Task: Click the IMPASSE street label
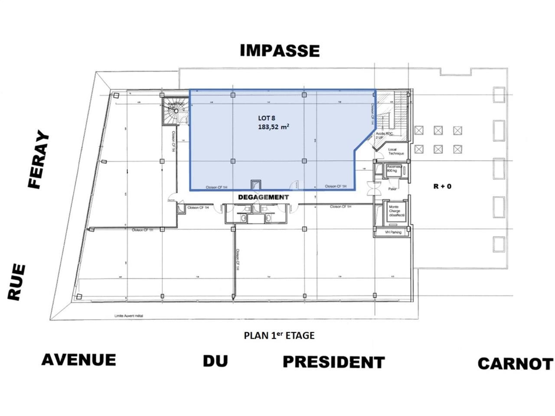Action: pos(280,51)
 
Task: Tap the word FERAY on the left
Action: pos(38,159)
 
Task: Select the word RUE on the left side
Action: pos(17,282)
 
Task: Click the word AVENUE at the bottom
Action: pos(78,360)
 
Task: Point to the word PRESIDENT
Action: pos(333,362)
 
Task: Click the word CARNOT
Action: pos(515,364)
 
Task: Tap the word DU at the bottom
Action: pos(215,361)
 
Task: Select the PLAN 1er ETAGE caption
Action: pos(279,335)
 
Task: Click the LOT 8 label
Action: pos(267,118)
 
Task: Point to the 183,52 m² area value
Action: pos(274,127)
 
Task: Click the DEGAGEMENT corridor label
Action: pos(263,197)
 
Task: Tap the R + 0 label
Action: pos(442,186)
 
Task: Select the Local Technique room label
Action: pos(395,152)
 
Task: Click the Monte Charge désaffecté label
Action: pos(396,211)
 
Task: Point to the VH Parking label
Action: pos(393,232)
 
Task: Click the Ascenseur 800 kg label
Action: pos(394,169)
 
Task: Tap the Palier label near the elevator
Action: pos(392,189)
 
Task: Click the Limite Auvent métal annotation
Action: pos(128,316)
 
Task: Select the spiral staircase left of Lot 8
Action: pos(174,112)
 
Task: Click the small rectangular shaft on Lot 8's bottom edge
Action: pos(256,185)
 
